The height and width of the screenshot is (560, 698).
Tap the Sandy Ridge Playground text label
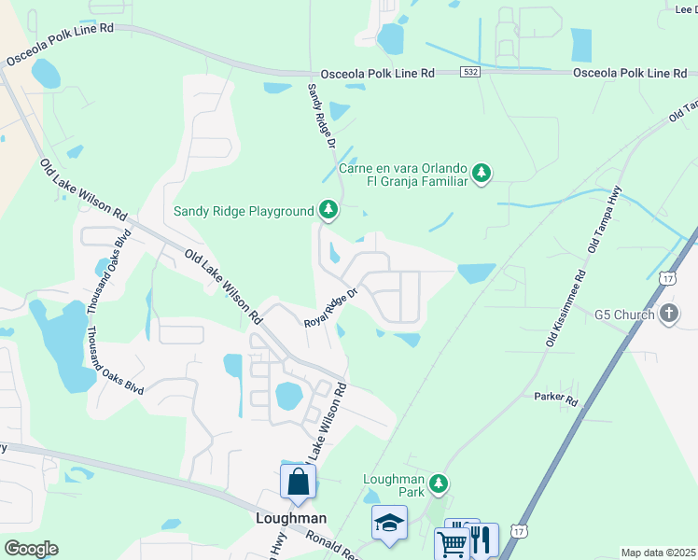[244, 211]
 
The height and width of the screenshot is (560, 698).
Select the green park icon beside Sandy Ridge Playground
[328, 210]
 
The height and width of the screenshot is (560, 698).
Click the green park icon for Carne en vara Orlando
[482, 173]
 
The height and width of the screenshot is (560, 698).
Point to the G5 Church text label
[624, 315]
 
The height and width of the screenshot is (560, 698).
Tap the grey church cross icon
[669, 314]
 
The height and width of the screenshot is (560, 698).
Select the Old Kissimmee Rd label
[565, 309]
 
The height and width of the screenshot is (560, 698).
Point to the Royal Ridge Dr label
[331, 308]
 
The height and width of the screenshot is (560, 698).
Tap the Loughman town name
[291, 518]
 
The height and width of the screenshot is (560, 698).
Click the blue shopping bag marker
[298, 483]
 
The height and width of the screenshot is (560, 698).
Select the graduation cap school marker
[389, 524]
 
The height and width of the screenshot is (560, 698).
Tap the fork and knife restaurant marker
[482, 539]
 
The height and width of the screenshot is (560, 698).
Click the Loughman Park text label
[393, 485]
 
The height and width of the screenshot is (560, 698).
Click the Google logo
[31, 549]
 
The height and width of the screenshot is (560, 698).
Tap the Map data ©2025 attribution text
[657, 553]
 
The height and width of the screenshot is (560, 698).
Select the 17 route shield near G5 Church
[666, 278]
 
